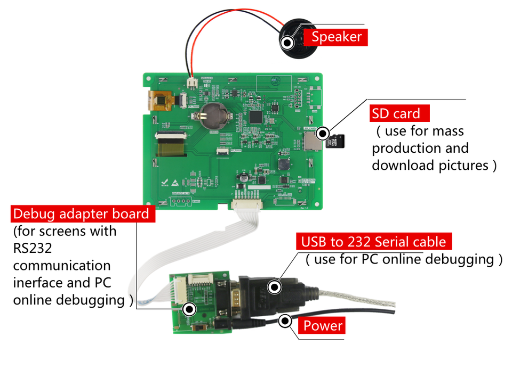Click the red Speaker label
coord(336,37)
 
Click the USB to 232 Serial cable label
coord(373,242)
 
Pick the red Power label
coord(323,325)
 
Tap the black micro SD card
coord(337,142)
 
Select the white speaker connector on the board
coord(191,83)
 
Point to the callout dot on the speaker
coord(287,42)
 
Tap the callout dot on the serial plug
coord(274,287)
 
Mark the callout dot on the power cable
coord(285,321)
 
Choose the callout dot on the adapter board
coord(188,308)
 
